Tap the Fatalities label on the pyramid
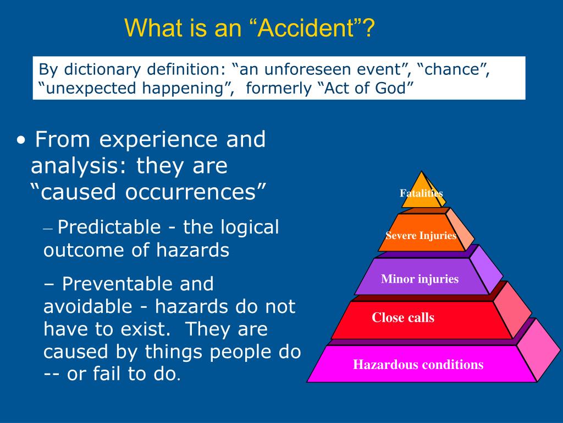421,193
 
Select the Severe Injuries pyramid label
421,236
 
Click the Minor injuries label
420,279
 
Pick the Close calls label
403,318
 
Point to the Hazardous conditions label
418,365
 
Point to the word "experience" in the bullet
160,140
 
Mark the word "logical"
251,227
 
